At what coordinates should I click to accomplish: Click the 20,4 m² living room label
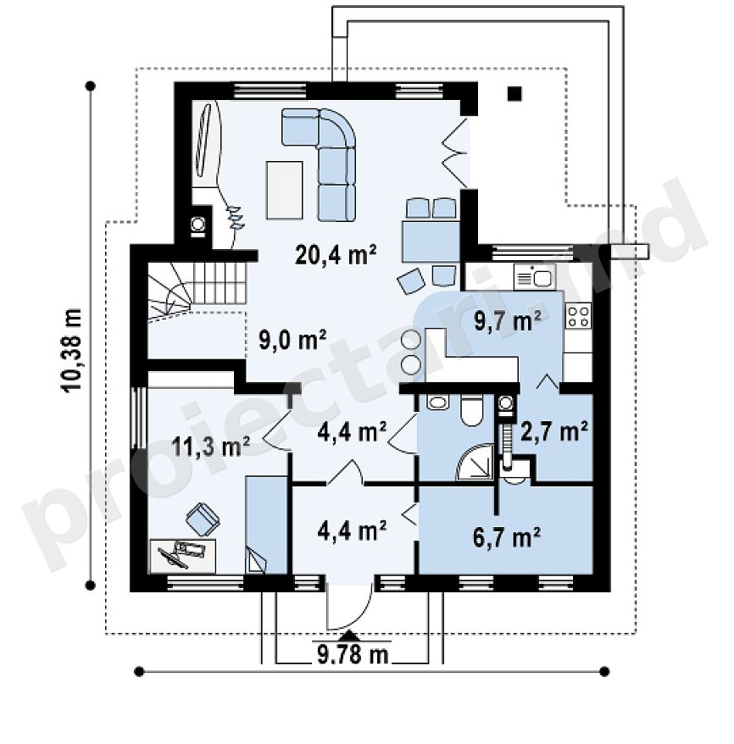tap(336, 255)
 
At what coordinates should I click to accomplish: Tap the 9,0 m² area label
tap(292, 339)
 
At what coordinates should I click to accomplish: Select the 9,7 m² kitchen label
tap(509, 321)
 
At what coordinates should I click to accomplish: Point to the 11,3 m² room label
tap(211, 446)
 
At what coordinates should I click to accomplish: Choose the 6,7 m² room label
tap(507, 537)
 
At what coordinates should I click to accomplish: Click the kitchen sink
tap(535, 276)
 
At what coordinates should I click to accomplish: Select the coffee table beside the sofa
tap(284, 190)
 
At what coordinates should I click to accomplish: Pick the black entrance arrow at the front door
tap(350, 635)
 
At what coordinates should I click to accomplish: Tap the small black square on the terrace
tap(514, 93)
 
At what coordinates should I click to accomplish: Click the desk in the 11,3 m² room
tap(183, 555)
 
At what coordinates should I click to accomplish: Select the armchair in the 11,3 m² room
tap(203, 519)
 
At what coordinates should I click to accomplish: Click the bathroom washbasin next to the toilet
tap(437, 403)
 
